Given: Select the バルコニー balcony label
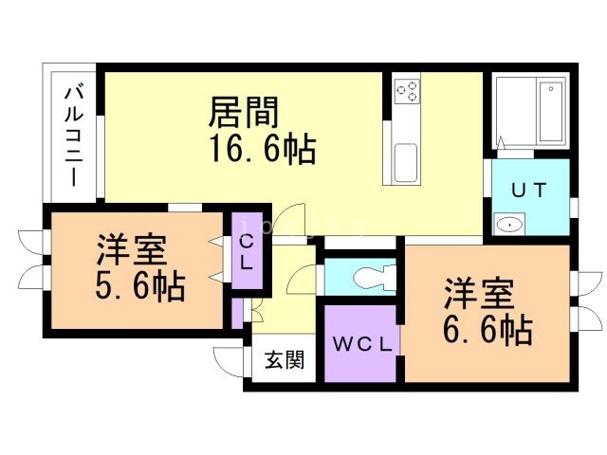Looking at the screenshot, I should (73, 133).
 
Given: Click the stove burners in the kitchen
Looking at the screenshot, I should (407, 91).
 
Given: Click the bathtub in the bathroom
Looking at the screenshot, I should (551, 115).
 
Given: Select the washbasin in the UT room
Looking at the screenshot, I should (510, 225).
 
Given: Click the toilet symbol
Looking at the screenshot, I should (372, 278).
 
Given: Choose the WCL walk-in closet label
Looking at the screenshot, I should (359, 344).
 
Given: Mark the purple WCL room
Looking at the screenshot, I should (359, 365).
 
